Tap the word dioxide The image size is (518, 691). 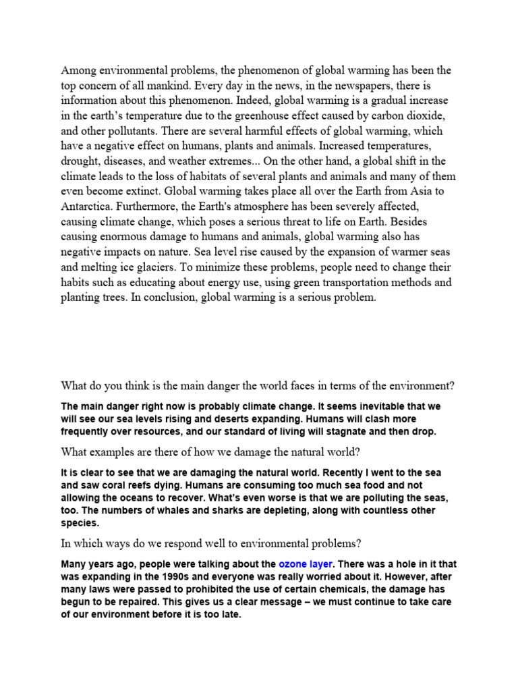coord(426,116)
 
